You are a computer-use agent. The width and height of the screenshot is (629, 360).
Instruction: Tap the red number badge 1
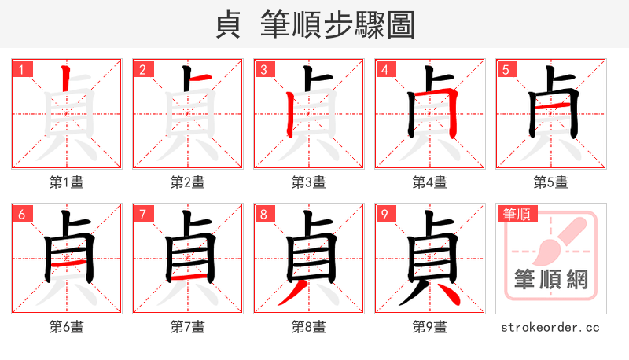21,70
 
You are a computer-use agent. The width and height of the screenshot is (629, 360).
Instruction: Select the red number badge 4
384,70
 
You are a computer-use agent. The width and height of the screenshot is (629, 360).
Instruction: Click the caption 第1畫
67,182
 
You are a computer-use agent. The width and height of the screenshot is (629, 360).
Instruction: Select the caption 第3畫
309,182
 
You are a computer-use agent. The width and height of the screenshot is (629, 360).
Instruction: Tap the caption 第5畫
551,182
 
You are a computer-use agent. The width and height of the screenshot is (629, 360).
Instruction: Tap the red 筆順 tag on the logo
516,214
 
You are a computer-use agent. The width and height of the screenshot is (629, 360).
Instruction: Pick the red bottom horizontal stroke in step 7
189,277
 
